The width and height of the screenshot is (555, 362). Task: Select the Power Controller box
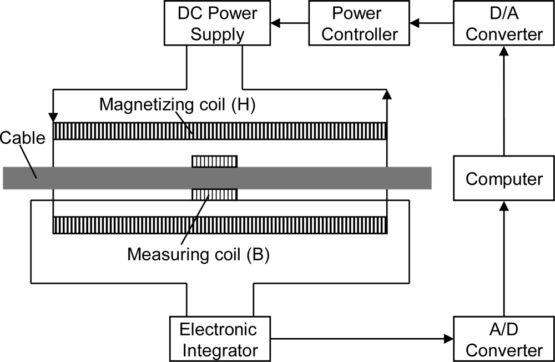pyautogui.click(x=360, y=23)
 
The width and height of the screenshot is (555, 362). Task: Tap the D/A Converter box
pyautogui.click(x=504, y=23)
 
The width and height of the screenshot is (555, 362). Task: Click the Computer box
pyautogui.click(x=504, y=178)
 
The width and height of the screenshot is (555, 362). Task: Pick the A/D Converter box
pyautogui.click(x=504, y=339)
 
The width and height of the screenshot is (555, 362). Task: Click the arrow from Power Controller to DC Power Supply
pyautogui.click(x=289, y=23)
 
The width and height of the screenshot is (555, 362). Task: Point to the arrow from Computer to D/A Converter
pyautogui.click(x=504, y=100)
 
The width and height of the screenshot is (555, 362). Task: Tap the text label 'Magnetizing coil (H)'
pyautogui.click(x=177, y=105)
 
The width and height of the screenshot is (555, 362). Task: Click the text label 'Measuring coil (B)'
pyautogui.click(x=198, y=254)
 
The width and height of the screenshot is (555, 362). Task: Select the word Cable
pyautogui.click(x=23, y=137)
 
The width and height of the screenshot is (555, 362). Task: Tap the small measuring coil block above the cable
pyautogui.click(x=215, y=161)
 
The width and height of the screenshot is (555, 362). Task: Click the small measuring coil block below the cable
pyautogui.click(x=215, y=195)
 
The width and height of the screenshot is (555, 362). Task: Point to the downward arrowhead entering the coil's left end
pyautogui.click(x=53, y=117)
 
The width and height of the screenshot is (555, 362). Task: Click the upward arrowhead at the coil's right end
pyautogui.click(x=387, y=95)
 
